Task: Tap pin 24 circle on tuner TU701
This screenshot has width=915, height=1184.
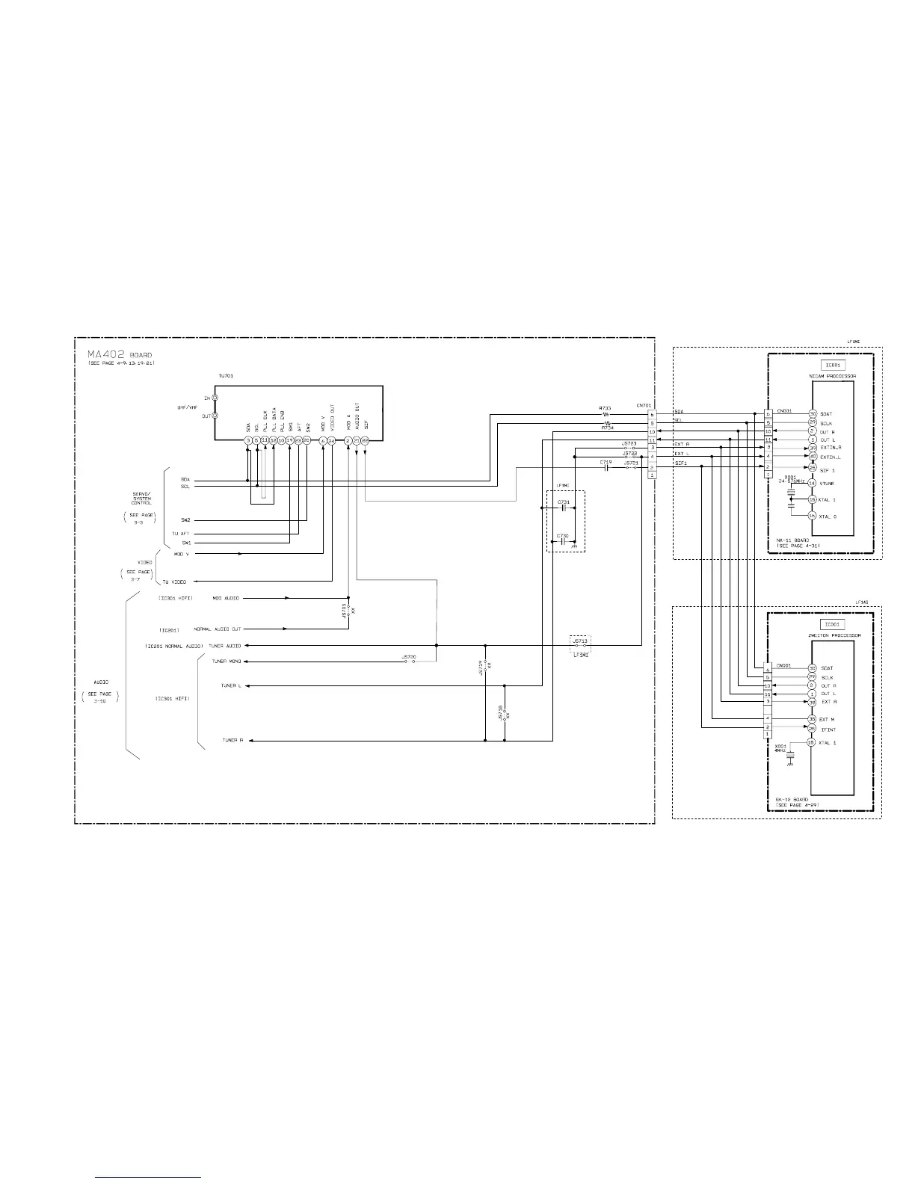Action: [331, 441]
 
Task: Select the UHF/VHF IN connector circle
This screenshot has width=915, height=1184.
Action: [215, 398]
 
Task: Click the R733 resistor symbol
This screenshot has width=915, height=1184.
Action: [606, 414]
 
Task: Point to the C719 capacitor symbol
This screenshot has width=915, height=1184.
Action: [606, 468]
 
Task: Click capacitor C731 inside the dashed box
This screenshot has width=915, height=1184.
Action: [563, 508]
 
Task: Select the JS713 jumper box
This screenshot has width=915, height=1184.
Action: [580, 641]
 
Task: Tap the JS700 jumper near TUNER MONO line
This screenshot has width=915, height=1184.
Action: [408, 662]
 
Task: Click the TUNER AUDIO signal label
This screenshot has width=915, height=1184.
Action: [225, 645]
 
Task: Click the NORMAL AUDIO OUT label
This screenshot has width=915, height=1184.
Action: [218, 629]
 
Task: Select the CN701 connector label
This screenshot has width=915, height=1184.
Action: [644, 405]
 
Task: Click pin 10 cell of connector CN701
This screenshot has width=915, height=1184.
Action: [653, 432]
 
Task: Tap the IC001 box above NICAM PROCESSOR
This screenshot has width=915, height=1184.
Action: [833, 366]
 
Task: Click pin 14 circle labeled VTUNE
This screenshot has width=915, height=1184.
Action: [812, 483]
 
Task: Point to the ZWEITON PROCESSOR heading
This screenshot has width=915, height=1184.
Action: [834, 635]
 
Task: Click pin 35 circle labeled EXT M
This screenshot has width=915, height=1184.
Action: [812, 719]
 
